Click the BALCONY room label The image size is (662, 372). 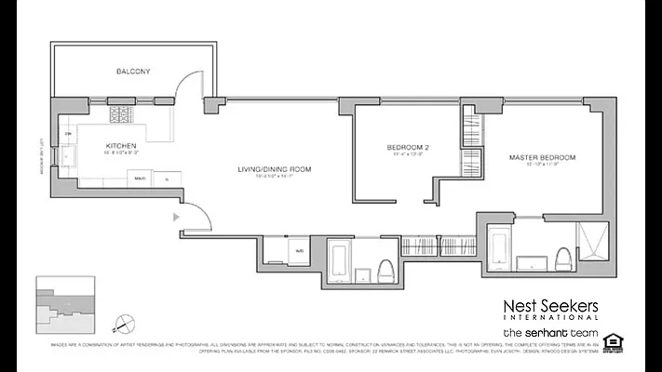coord(133,71)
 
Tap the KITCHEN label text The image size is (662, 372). coord(122,146)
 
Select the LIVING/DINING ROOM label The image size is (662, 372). coord(273,168)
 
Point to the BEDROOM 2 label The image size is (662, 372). coord(408,147)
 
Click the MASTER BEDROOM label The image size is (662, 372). coord(542,157)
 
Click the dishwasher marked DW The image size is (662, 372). coord(69,136)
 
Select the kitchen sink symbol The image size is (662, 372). coord(70,156)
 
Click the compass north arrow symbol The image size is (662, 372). coord(115,325)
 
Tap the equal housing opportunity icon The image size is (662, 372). coord(613,340)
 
